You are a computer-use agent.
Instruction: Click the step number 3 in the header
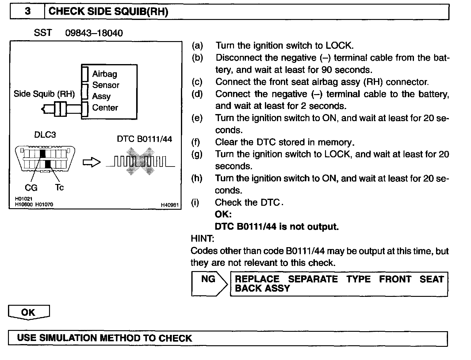pos(28,11)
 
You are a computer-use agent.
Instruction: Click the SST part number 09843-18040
pos(94,33)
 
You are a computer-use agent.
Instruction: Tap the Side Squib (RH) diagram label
pos(44,94)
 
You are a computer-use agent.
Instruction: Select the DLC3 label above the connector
pos(45,135)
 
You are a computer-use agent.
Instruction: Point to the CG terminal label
pos(31,187)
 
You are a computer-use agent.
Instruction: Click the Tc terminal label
pos(59,187)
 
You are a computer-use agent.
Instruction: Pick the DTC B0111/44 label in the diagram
pos(144,139)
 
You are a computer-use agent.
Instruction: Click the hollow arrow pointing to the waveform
pos(91,163)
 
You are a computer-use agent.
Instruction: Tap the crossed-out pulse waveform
pos(140,161)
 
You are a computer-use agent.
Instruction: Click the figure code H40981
pos(170,205)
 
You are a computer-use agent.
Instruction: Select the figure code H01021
pos(24,199)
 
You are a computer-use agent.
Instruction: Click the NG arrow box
pos(209,284)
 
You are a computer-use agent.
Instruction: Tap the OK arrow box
pos(29,312)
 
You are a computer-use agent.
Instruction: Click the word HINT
pos(202,239)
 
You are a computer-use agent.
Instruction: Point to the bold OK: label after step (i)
pos(223,214)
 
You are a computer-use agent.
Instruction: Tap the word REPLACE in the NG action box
pos(257,279)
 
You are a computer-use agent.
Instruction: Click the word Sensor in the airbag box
pos(105,85)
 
